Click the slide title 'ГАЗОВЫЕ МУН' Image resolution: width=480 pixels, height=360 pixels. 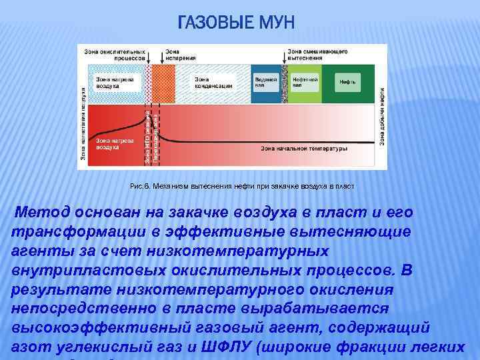tap(235, 25)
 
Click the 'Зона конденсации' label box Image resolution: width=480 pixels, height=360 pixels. tap(213, 82)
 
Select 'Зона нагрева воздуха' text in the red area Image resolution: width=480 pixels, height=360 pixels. tap(107, 143)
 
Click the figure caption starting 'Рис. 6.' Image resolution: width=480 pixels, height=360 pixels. tap(242, 188)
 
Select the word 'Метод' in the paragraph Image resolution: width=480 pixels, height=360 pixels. tap(43, 213)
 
